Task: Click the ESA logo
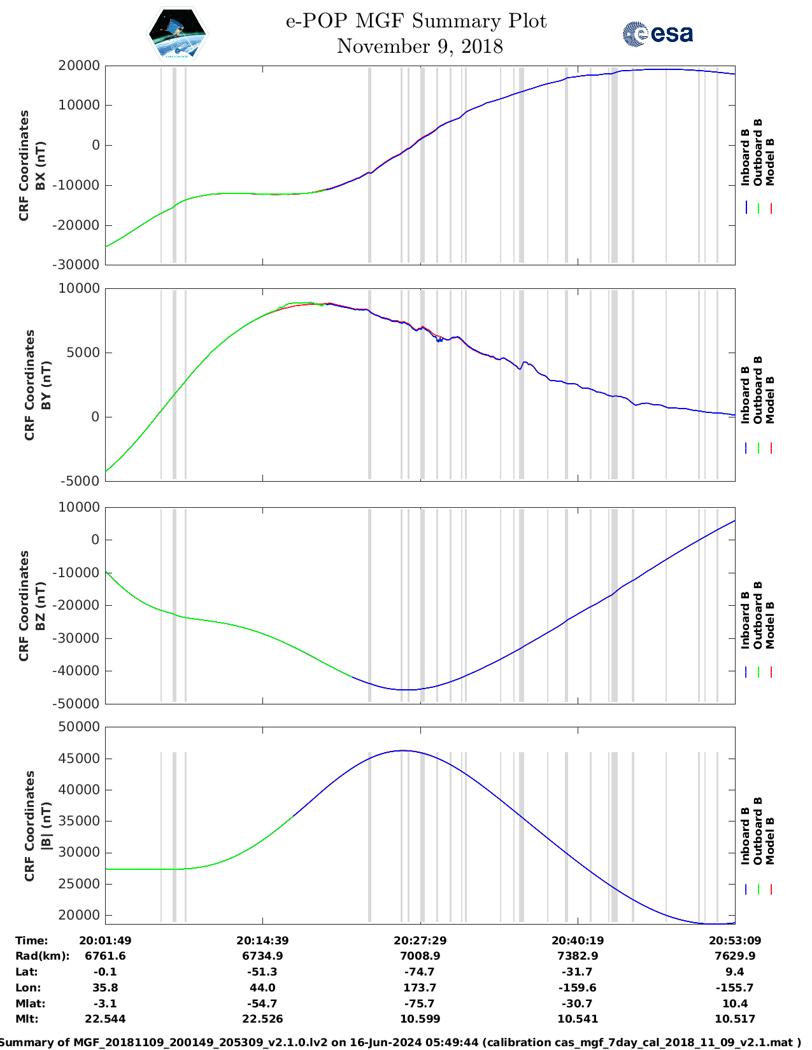pos(657,34)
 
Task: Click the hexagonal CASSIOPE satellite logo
pos(177,34)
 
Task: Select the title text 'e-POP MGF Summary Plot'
pos(416,21)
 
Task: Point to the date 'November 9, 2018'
pos(420,46)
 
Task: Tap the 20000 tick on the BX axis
pos(78,66)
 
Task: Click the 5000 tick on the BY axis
pos(83,353)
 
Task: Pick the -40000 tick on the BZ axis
pos(75,671)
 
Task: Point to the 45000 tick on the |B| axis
pos(78,759)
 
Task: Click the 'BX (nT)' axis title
pos(40,165)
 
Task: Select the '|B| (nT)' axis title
pos(45,826)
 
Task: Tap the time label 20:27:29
pos(420,940)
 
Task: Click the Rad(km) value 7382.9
pos(577,956)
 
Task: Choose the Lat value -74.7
pos(420,972)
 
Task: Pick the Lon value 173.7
pos(420,988)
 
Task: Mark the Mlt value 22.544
pos(105,1019)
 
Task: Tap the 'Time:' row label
pos(32,940)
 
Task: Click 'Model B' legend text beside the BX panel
pos(770,162)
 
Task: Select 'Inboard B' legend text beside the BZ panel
pos(745,620)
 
